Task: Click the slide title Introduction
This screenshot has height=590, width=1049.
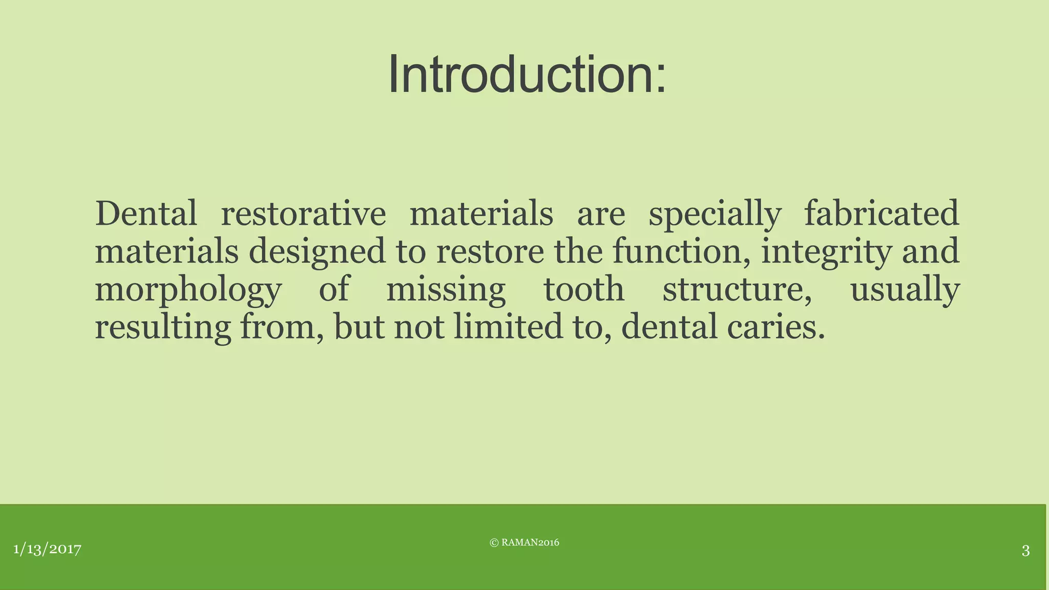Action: pyautogui.click(x=527, y=75)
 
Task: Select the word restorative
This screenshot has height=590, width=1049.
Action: pyautogui.click(x=303, y=214)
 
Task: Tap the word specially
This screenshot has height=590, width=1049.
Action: pyautogui.click(x=715, y=214)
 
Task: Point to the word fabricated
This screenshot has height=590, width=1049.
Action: pyautogui.click(x=881, y=214)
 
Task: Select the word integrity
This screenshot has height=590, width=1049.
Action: pyautogui.click(x=826, y=251)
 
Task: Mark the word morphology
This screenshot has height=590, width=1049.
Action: pyautogui.click(x=188, y=289)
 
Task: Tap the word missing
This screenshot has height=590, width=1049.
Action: pyautogui.click(x=446, y=289)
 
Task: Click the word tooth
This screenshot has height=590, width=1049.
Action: pyautogui.click(x=584, y=289)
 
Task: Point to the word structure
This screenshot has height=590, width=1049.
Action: pyautogui.click(x=737, y=289)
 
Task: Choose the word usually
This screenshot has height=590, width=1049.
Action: pyautogui.click(x=905, y=289)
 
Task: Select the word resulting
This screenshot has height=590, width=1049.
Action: pyautogui.click(x=163, y=327)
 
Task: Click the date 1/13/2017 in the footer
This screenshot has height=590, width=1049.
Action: pyautogui.click(x=47, y=550)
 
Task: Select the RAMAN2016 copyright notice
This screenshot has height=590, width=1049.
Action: pyautogui.click(x=524, y=543)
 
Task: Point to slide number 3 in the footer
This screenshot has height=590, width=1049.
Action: pyautogui.click(x=1025, y=551)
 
